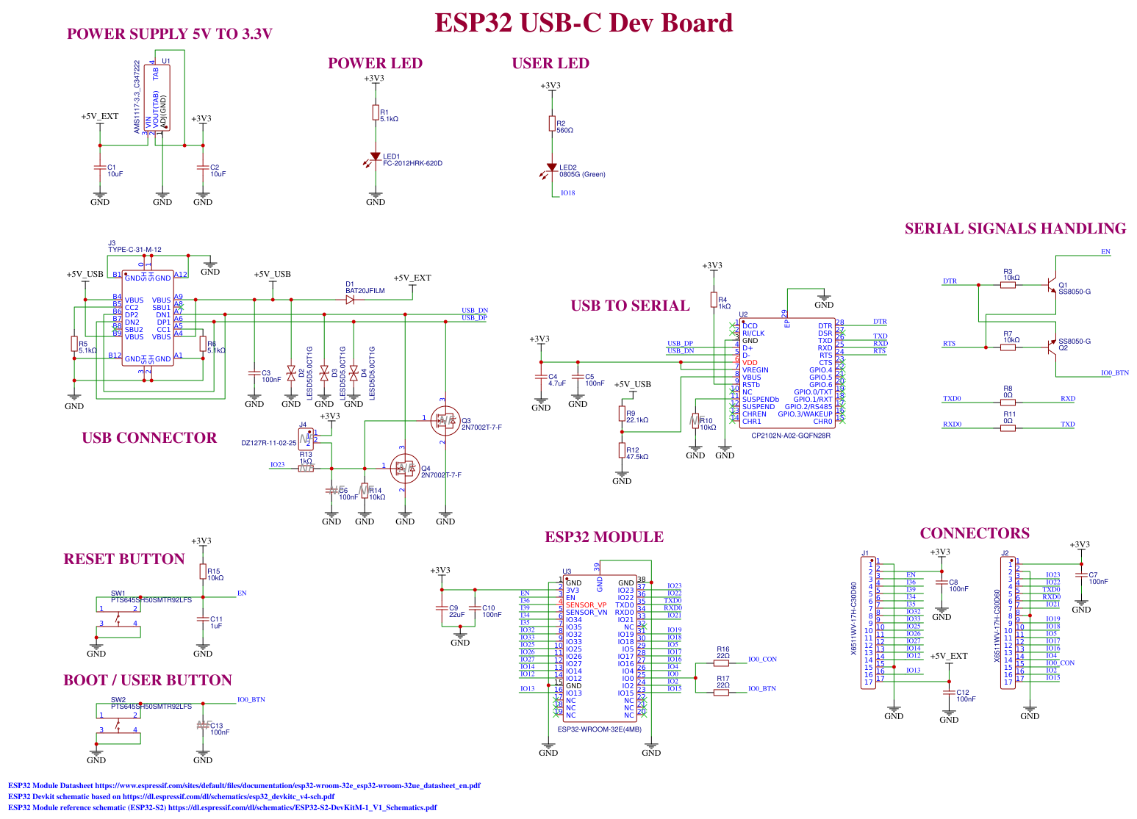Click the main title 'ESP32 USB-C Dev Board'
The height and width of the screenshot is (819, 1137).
[x=583, y=23]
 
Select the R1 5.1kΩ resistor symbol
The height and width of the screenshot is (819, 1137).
[x=376, y=113]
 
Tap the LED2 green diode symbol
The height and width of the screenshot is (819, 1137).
[x=552, y=168]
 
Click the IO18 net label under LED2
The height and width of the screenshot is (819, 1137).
[x=567, y=193]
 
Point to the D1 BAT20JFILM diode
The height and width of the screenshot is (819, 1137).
[x=350, y=300]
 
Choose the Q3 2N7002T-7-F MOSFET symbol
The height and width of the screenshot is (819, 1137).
[x=444, y=419]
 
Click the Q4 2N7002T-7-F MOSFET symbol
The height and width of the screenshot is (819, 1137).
[x=403, y=467]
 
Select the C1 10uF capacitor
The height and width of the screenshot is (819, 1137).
[x=100, y=168]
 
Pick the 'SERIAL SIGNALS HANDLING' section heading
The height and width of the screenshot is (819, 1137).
[x=1015, y=228]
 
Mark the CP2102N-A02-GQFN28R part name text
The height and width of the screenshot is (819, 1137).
[x=790, y=436]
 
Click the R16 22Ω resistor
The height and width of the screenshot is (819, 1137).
[x=722, y=663]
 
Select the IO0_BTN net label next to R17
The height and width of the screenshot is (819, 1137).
[x=762, y=689]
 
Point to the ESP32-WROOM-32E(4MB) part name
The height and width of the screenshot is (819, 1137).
[x=599, y=729]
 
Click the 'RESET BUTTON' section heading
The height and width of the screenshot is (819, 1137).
[x=123, y=559]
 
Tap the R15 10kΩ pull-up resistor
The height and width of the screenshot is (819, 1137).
[x=203, y=571]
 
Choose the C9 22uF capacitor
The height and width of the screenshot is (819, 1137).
[x=442, y=609]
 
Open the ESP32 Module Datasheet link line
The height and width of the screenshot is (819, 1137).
[x=244, y=785]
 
